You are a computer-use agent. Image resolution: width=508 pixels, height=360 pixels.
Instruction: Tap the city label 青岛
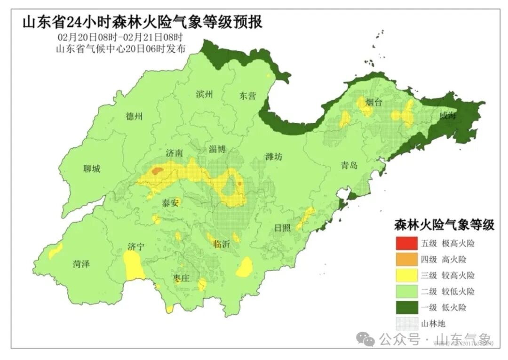349,165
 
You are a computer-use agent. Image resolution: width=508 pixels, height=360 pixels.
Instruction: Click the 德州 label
134,117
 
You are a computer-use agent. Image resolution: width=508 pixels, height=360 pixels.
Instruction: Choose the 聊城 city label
91,169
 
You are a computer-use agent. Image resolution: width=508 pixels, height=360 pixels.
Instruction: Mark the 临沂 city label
221,244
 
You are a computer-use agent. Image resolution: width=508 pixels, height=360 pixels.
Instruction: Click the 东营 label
247,96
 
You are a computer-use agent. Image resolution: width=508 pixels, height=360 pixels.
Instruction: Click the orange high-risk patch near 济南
158,171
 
